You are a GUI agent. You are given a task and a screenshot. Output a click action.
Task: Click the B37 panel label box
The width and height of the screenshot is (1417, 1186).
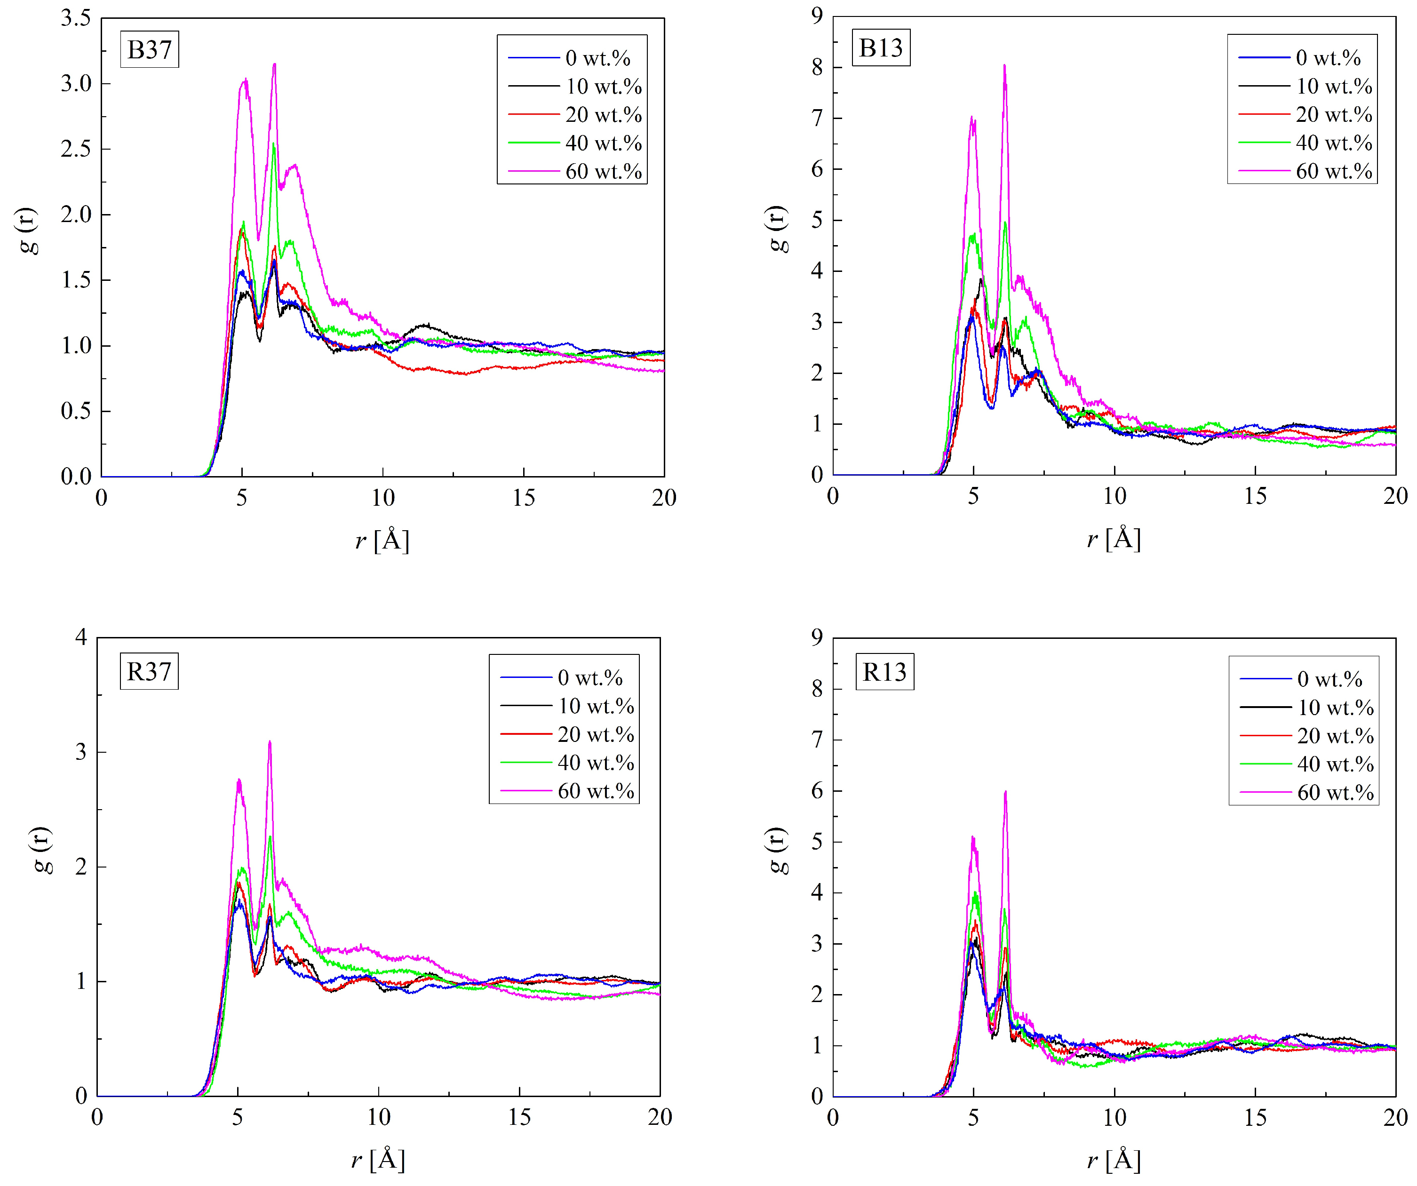[149, 49]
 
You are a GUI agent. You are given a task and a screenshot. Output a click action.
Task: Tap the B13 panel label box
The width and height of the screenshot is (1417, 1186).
[881, 48]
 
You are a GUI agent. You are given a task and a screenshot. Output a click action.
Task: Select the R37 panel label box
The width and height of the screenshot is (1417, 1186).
[149, 671]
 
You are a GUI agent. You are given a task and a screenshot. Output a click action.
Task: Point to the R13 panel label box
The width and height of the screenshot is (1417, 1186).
[884, 672]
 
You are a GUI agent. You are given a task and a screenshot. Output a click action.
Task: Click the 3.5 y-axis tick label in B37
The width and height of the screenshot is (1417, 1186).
[76, 18]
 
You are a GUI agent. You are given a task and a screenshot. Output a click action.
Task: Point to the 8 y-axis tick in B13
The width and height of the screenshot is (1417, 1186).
[817, 67]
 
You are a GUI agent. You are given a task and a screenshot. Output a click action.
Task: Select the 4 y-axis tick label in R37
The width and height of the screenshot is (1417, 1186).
[81, 637]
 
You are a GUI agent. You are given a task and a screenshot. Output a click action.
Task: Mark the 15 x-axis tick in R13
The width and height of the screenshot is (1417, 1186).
[1255, 1119]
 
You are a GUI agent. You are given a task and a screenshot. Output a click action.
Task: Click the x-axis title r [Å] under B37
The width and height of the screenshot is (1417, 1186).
[382, 541]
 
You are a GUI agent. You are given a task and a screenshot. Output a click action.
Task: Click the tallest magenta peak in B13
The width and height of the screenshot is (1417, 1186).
[1005, 66]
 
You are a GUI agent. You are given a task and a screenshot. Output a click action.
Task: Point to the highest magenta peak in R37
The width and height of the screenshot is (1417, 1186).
[270, 742]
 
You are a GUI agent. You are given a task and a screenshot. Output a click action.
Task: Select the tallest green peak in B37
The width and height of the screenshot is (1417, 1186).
[273, 143]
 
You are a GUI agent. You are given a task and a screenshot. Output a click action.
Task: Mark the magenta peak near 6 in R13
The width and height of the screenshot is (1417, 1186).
[1005, 792]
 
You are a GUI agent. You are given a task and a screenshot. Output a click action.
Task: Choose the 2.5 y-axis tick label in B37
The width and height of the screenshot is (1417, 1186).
[76, 149]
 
